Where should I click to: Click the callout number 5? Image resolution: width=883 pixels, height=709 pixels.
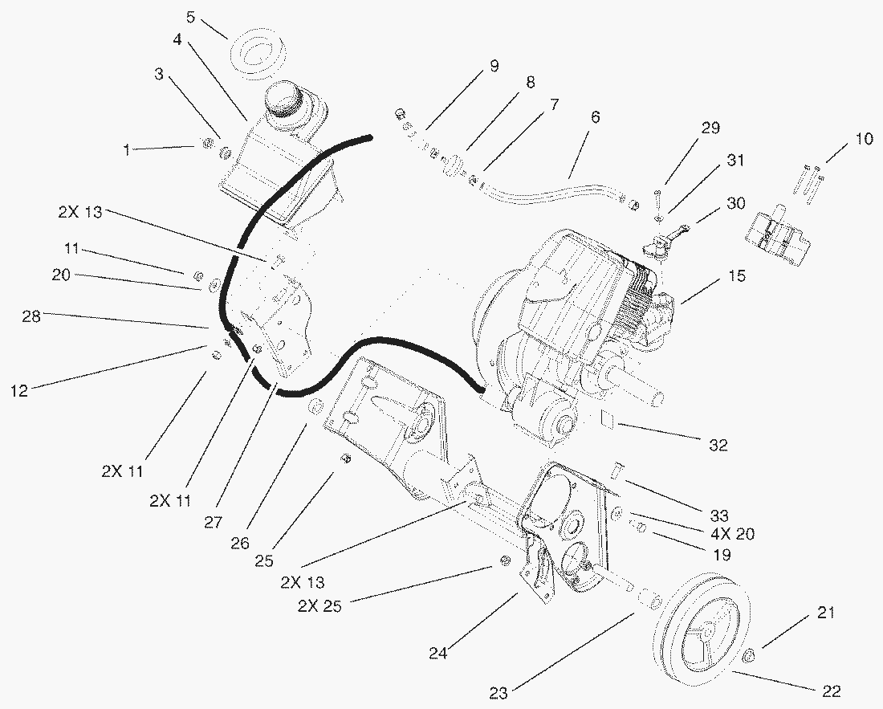pyautogui.click(x=190, y=16)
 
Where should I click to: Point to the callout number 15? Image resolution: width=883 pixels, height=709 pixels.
pyautogui.click(x=736, y=276)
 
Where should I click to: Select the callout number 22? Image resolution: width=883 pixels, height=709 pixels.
pyautogui.click(x=831, y=690)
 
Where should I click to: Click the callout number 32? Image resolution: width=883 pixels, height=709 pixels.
pyautogui.click(x=718, y=444)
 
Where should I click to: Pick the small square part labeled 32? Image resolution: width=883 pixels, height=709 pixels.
pyautogui.click(x=609, y=418)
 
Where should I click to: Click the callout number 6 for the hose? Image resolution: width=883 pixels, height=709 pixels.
pyautogui.click(x=595, y=116)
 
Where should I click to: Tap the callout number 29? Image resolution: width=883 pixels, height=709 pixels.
pyautogui.click(x=710, y=128)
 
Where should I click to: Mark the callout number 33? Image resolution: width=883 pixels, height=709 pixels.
pyautogui.click(x=718, y=515)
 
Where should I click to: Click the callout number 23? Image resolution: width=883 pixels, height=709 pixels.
pyautogui.click(x=498, y=693)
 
